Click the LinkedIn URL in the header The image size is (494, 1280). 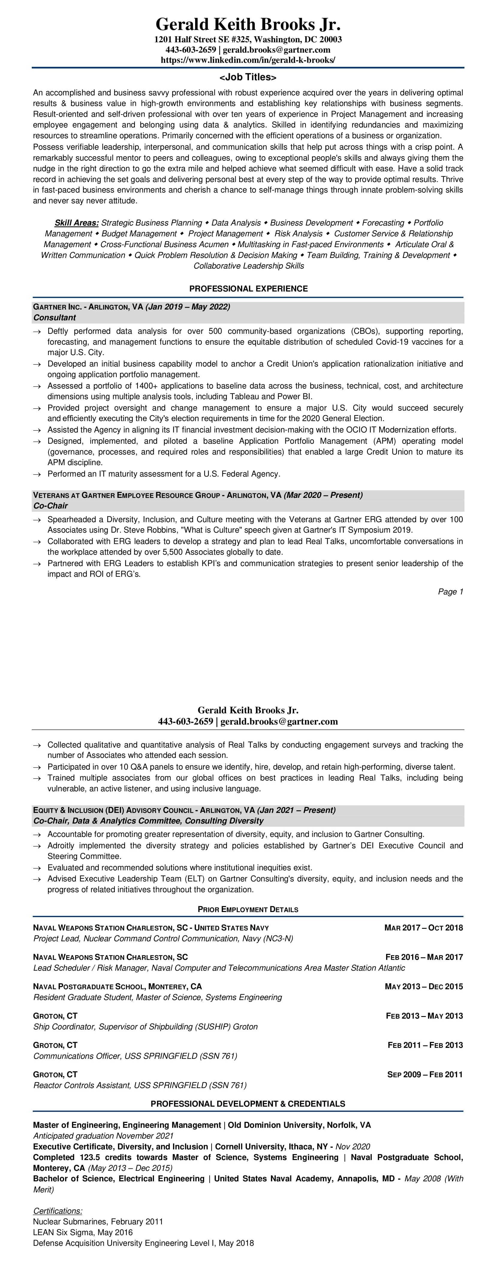[x=248, y=60]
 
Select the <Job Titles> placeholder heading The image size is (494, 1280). [x=248, y=77]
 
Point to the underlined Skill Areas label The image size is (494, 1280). [x=76, y=223]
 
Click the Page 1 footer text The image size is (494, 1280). [x=450, y=591]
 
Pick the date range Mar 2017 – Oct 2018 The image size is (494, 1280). [x=424, y=927]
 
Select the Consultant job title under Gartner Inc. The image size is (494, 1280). [x=55, y=318]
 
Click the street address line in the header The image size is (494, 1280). [x=248, y=39]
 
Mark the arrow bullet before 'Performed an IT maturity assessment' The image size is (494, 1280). [x=37, y=474]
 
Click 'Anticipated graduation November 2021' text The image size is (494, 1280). [x=103, y=1135]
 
